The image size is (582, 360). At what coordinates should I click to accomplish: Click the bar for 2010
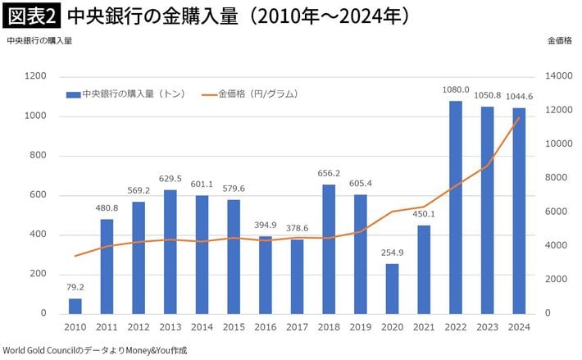pyautogui.click(x=75, y=306)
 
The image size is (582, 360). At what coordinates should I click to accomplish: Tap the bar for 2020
pyautogui.click(x=392, y=288)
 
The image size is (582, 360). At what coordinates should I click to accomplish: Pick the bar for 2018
pyautogui.click(x=328, y=248)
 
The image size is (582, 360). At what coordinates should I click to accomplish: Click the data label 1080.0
pyautogui.click(x=455, y=90)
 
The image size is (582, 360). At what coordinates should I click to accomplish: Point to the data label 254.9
pyautogui.click(x=392, y=253)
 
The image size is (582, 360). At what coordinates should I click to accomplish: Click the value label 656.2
pyautogui.click(x=328, y=174)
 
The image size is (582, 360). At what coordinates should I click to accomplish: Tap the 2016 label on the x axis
pyautogui.click(x=265, y=328)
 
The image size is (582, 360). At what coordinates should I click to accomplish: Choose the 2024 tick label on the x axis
pyautogui.click(x=518, y=328)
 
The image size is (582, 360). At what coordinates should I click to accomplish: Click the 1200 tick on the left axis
pyautogui.click(x=36, y=76)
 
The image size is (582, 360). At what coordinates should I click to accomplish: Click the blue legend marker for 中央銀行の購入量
pyautogui.click(x=73, y=94)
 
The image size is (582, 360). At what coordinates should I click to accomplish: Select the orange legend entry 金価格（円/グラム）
pyautogui.click(x=254, y=94)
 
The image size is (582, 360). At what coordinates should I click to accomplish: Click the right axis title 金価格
pyautogui.click(x=560, y=41)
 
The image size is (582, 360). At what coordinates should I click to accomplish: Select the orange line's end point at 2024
pyautogui.click(x=519, y=117)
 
